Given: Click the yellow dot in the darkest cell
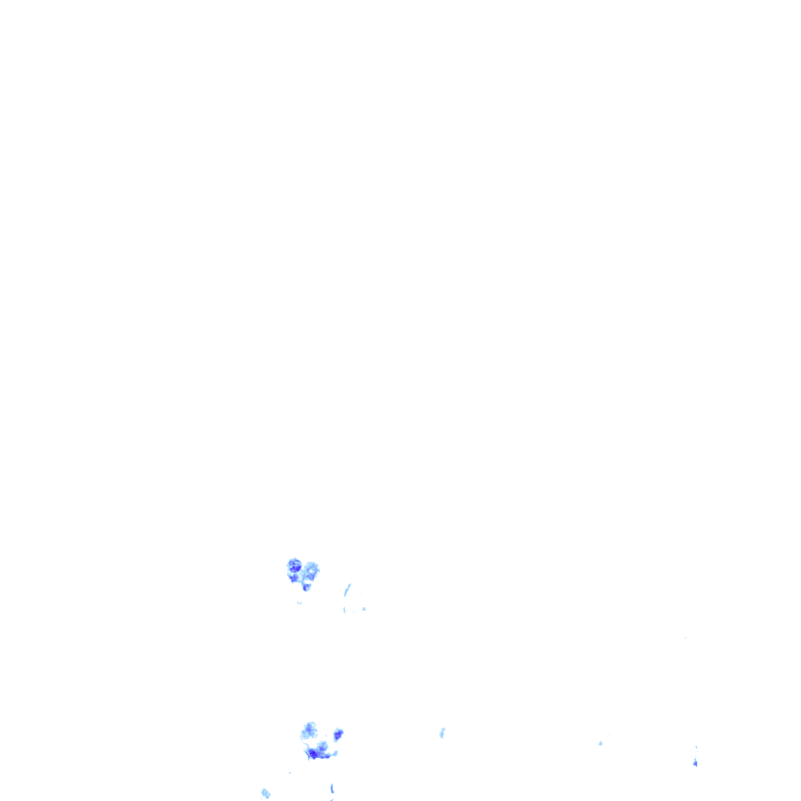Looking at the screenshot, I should coord(311,753).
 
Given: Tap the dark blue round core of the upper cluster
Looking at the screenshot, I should coord(294,565).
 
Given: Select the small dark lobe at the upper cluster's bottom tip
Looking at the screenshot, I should coord(307,587).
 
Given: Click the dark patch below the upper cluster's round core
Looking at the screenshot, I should coord(294,578).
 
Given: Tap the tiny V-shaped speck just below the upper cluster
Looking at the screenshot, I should coord(300,603).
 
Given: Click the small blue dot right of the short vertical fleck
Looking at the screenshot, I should coord(364,609).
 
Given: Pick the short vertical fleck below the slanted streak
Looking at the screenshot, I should coord(345,609).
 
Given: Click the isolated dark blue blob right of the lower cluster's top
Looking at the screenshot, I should coord(338,735).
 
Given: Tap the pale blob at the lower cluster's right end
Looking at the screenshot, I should coord(333,753).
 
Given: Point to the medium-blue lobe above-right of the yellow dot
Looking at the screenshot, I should coord(322,747).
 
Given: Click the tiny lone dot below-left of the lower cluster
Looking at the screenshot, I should coord(289,773).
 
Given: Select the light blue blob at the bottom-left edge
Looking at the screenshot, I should coord(265,793).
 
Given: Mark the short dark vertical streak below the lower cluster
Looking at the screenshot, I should coord(332,788).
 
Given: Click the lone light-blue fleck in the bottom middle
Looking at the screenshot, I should coord(442,733).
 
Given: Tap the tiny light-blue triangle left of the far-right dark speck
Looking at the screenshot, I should coord(600,742).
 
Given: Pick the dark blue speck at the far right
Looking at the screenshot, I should coord(695,762).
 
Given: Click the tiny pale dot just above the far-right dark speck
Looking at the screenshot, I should coord(696,747).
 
